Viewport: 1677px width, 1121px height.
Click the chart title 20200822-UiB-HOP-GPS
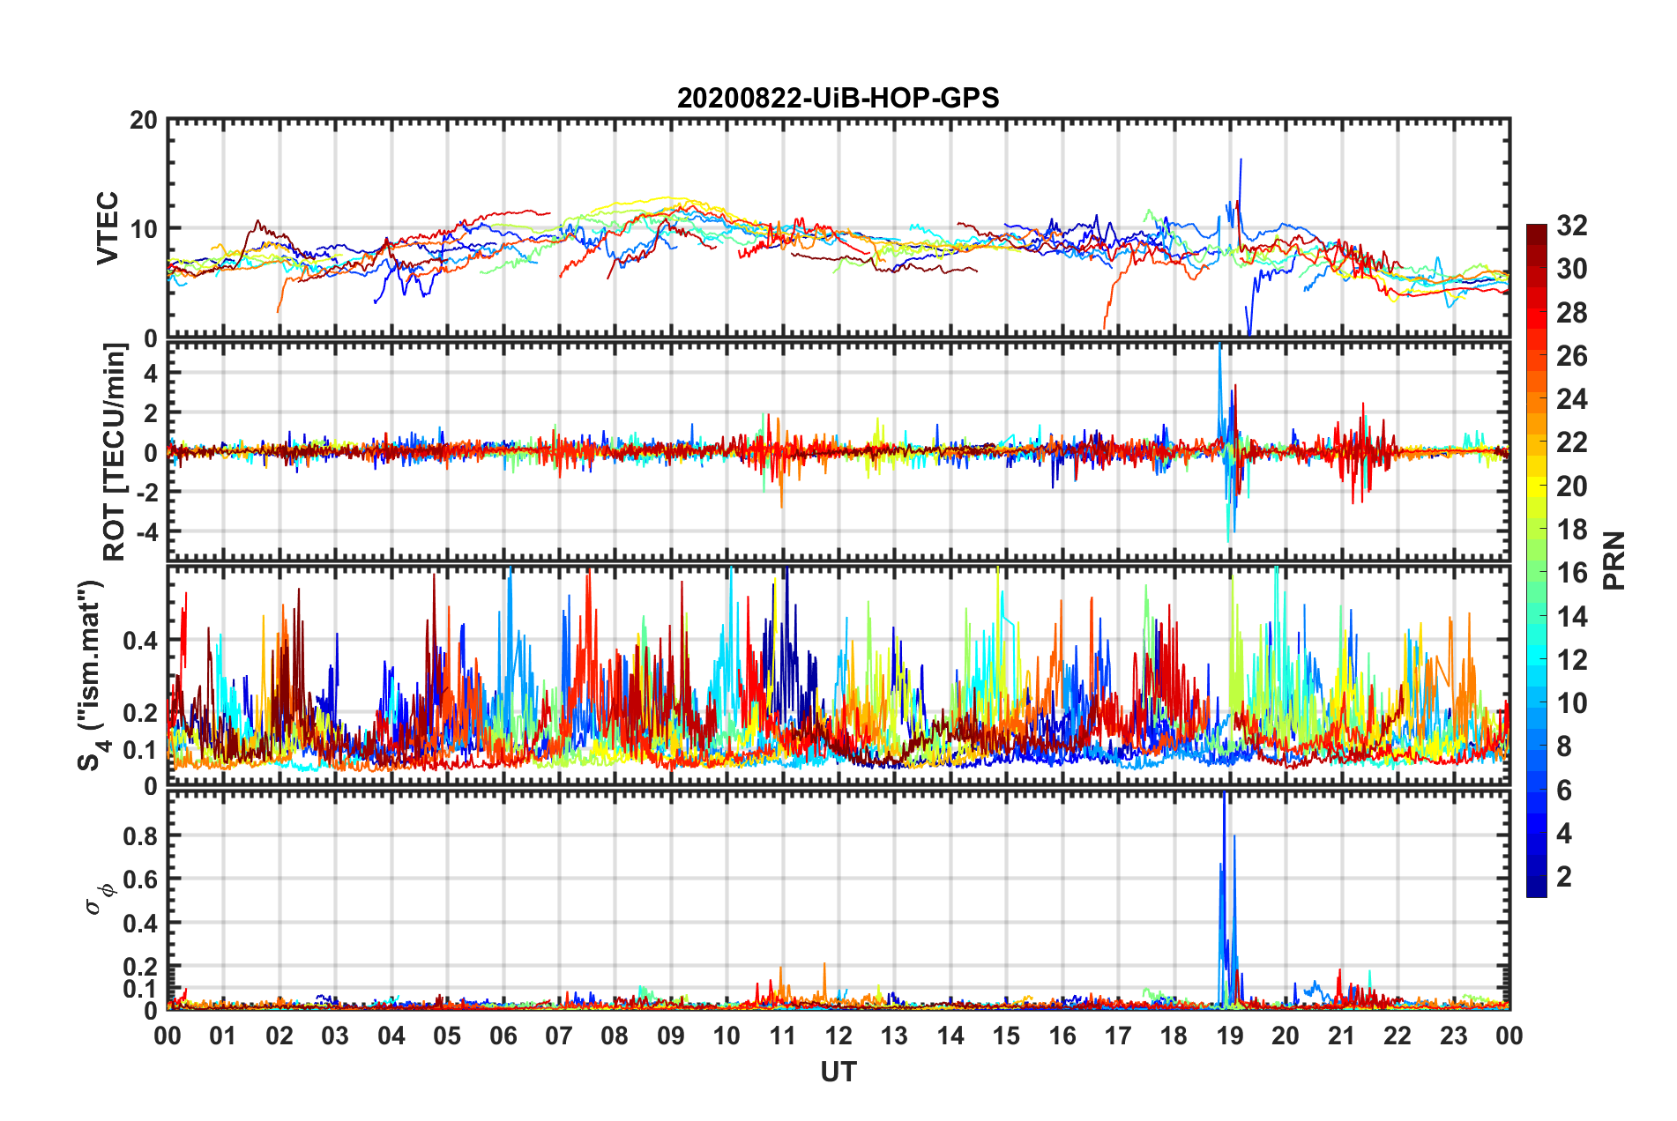pyautogui.click(x=838, y=98)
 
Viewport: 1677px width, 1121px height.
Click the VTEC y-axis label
pyautogui.click(x=108, y=227)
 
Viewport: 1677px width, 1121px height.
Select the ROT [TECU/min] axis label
pyautogui.click(x=115, y=452)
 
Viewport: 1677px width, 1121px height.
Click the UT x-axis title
pyautogui.click(x=838, y=1072)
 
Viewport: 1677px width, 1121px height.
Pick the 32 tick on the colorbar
pyautogui.click(x=1571, y=226)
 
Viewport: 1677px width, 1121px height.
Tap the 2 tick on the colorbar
pyautogui.click(x=1564, y=876)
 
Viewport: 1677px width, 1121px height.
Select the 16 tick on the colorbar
pyautogui.click(x=1571, y=573)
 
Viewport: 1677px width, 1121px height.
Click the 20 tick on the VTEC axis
pyautogui.click(x=144, y=121)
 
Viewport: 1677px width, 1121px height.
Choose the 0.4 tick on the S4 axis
pyautogui.click(x=139, y=641)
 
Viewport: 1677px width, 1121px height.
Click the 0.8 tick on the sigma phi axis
pyautogui.click(x=139, y=835)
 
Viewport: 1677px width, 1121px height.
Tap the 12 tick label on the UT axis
pyautogui.click(x=838, y=1036)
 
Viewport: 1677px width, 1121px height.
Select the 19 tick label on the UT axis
pyautogui.click(x=1230, y=1036)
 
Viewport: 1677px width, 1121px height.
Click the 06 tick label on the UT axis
pyautogui.click(x=503, y=1036)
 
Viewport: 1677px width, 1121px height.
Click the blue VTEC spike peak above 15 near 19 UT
pyautogui.click(x=1241, y=161)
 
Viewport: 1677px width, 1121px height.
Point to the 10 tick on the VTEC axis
pyautogui.click(x=144, y=229)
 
